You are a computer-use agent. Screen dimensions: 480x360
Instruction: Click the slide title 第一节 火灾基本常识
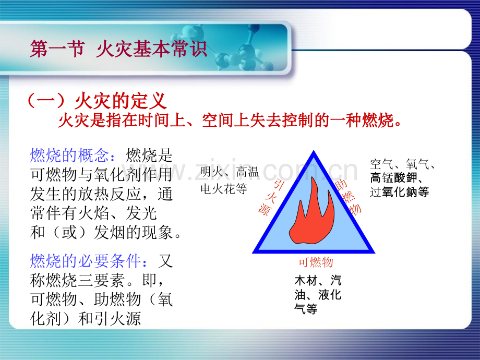click(x=118, y=49)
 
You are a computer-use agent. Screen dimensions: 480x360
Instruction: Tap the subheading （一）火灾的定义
click(x=98, y=101)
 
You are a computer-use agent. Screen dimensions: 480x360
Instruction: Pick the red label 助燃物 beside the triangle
click(x=349, y=197)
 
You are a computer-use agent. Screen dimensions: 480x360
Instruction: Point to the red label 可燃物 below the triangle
click(x=315, y=262)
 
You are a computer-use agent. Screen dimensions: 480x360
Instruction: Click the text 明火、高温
click(x=230, y=172)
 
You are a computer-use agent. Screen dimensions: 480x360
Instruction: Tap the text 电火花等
click(x=224, y=188)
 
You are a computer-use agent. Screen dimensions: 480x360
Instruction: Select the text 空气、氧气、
click(x=402, y=164)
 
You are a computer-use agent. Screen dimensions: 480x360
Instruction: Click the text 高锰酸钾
click(x=394, y=178)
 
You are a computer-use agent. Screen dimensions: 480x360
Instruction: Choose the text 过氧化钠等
click(x=400, y=192)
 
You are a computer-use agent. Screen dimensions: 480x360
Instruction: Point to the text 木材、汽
click(x=318, y=280)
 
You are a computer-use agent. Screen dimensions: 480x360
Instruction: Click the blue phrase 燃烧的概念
click(x=69, y=155)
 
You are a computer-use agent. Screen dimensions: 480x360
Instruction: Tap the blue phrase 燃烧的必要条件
click(x=85, y=261)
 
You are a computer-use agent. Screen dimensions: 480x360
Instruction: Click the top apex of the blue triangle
click(x=314, y=151)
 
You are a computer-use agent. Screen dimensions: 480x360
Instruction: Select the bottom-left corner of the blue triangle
click(x=253, y=253)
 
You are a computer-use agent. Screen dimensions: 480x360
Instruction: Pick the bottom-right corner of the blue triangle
click(x=374, y=253)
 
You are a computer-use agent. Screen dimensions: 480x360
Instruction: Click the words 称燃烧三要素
click(x=77, y=280)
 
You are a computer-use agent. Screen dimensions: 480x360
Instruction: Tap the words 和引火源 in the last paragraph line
click(x=109, y=319)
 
